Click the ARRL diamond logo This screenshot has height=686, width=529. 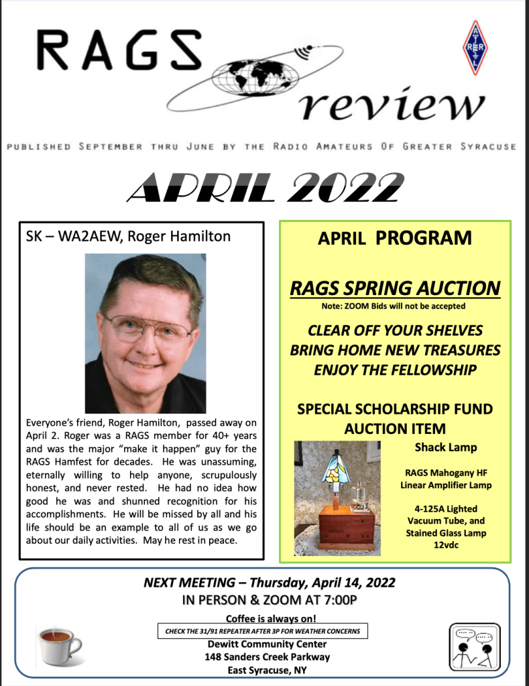point(475,48)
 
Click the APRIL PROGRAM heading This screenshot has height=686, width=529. point(394,238)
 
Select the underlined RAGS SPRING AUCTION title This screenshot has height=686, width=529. point(395,288)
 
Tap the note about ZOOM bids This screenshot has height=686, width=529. point(394,306)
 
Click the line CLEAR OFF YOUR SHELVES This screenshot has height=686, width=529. point(395,331)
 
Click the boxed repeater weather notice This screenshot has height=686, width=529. point(262,631)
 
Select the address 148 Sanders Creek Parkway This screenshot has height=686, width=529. point(267,657)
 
